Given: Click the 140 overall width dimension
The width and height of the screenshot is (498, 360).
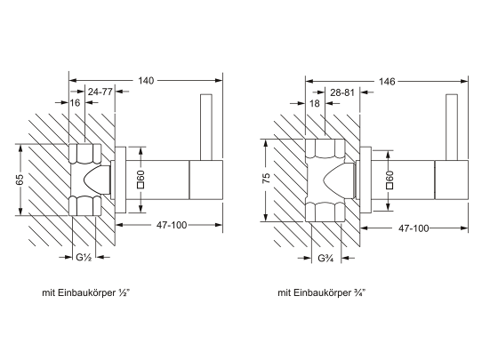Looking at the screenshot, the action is pyautogui.click(x=146, y=81).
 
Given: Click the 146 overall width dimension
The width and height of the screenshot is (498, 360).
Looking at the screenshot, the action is pyautogui.click(x=387, y=82).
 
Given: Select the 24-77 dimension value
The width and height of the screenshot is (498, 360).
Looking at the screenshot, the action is pyautogui.click(x=100, y=92).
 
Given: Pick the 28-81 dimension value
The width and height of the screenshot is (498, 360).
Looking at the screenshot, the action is pyautogui.click(x=342, y=92).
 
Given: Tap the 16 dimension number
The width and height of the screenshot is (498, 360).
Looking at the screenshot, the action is pyautogui.click(x=75, y=102).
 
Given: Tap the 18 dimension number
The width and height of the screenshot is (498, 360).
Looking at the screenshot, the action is pyautogui.click(x=315, y=103).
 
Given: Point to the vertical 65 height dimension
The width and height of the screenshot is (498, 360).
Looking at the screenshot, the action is pyautogui.click(x=20, y=180).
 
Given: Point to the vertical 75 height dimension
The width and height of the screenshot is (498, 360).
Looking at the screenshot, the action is pyautogui.click(x=267, y=178).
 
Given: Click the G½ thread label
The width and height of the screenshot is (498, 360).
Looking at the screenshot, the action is pyautogui.click(x=84, y=258).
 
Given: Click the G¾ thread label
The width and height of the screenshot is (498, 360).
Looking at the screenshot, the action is pyautogui.click(x=325, y=259).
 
